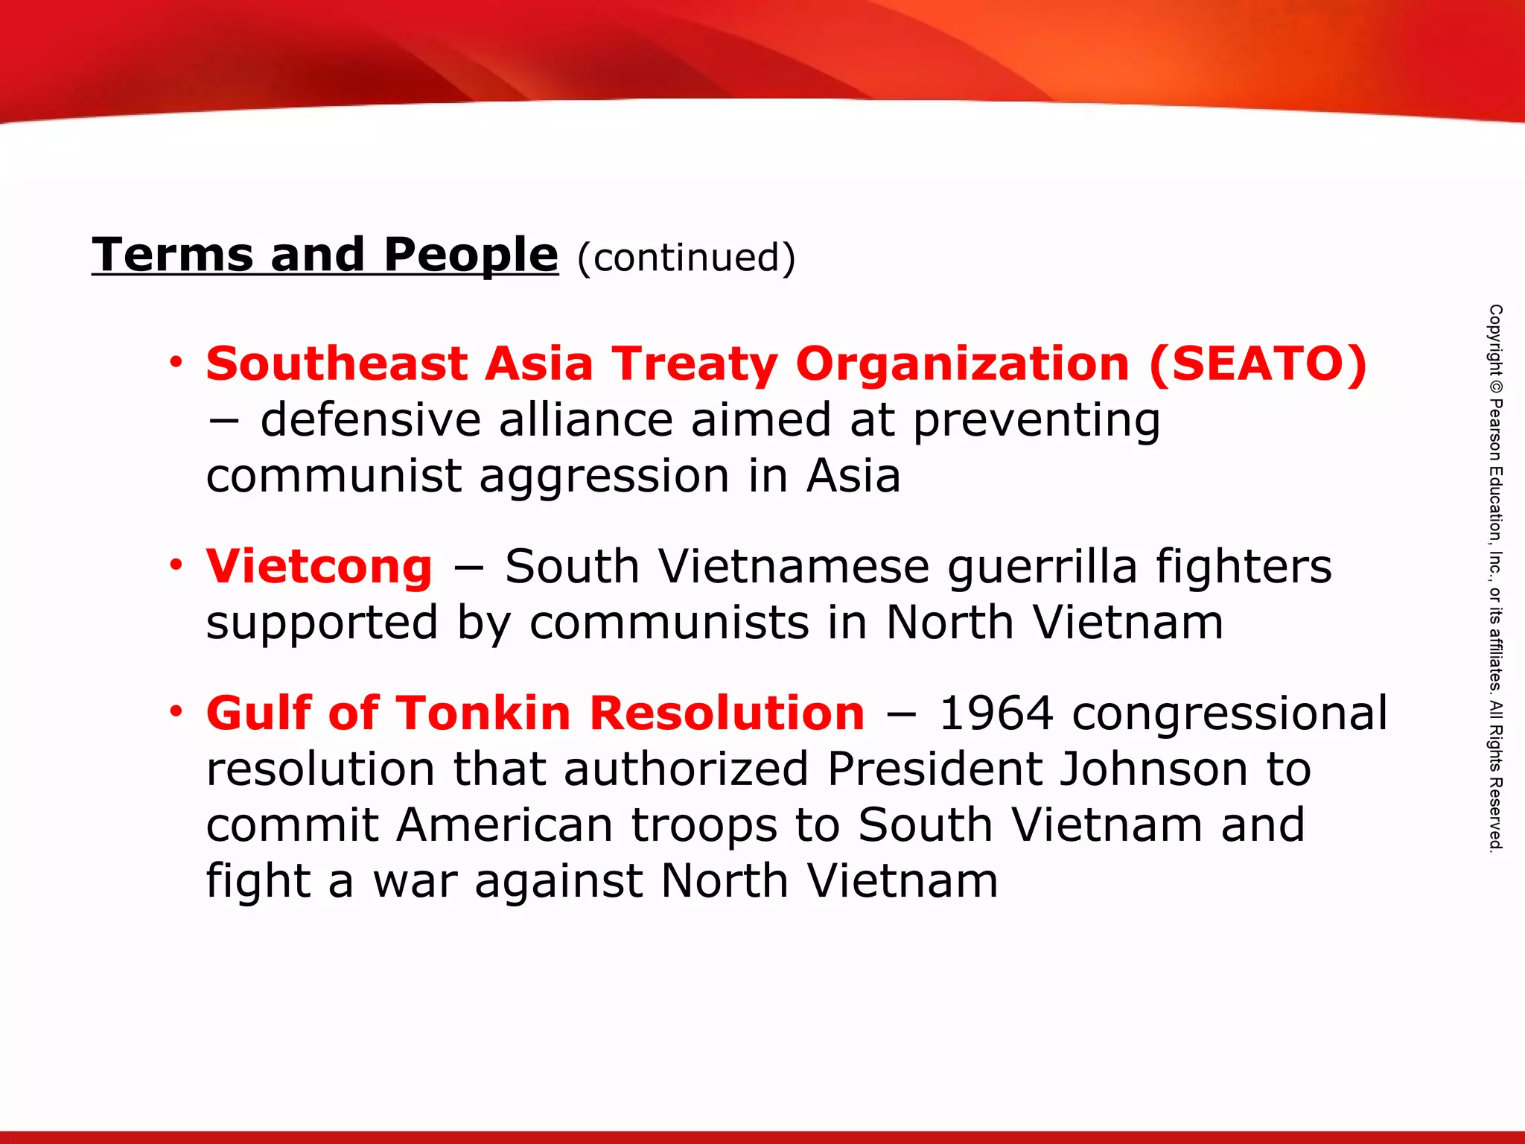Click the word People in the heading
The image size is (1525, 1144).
[x=471, y=255]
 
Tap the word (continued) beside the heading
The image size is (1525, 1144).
[x=686, y=258]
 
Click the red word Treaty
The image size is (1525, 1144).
[x=694, y=364]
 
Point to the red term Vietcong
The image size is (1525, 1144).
[x=319, y=567]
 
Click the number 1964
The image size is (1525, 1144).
[x=996, y=714]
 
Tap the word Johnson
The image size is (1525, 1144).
[x=1152, y=769]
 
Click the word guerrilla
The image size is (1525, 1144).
[x=1042, y=568]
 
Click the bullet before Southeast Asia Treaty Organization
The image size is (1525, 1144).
[x=176, y=363]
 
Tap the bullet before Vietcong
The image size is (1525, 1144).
[x=176, y=566]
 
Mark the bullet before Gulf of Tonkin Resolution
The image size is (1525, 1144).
[x=176, y=712]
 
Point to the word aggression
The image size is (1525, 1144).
[x=604, y=477]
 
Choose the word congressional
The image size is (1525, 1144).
[x=1229, y=714]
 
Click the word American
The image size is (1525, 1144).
[x=504, y=825]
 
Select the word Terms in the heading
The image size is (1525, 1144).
[x=173, y=255]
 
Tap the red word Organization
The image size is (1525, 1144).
[x=962, y=364]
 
